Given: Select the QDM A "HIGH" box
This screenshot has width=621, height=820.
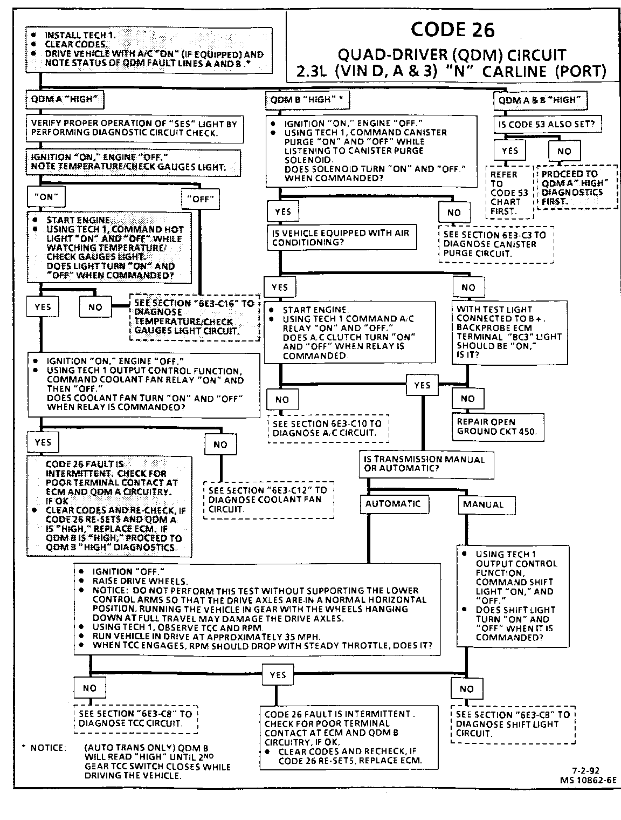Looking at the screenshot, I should pyautogui.click(x=65, y=99).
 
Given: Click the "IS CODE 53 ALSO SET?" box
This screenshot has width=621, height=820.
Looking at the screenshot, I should pyautogui.click(x=547, y=124).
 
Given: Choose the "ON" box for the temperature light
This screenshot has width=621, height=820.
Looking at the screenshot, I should pyautogui.click(x=46, y=197).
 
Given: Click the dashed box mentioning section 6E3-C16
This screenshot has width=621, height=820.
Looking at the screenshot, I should pyautogui.click(x=194, y=317).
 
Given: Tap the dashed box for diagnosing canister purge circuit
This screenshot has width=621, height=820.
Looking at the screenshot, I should pyautogui.click(x=496, y=244).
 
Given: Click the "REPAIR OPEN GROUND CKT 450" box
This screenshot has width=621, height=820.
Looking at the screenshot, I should pyautogui.click(x=498, y=426).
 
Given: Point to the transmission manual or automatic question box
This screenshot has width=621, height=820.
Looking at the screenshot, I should pyautogui.click(x=426, y=464).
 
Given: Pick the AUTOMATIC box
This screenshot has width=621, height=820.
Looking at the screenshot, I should pyautogui.click(x=394, y=504).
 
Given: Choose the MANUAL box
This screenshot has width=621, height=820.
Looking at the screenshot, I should pyautogui.click(x=486, y=505).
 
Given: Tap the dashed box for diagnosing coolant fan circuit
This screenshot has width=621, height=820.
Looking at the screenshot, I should pyautogui.click(x=268, y=500).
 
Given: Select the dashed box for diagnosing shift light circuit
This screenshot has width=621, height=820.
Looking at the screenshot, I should pyautogui.click(x=513, y=723).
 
